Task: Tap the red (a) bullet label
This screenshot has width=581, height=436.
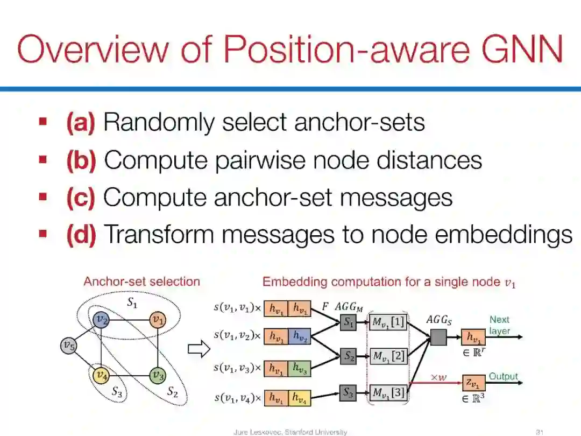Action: coord(81,123)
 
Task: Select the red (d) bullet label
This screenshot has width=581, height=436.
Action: coord(81,235)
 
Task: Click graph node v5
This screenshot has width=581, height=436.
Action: coord(67,345)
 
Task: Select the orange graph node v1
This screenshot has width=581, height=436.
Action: coord(157,320)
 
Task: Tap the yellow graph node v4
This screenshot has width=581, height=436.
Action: coord(101,374)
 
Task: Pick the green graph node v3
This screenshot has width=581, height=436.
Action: coord(157,374)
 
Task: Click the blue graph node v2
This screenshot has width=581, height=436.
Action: coord(101,320)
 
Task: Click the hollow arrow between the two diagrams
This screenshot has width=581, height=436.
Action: coord(198,350)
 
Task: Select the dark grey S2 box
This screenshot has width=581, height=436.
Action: coord(348,356)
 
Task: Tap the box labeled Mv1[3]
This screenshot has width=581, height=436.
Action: coord(388,392)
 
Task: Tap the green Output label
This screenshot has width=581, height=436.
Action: coord(503,376)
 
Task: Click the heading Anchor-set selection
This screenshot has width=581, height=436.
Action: coord(141,282)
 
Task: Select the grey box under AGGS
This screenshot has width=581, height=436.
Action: coord(438,337)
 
